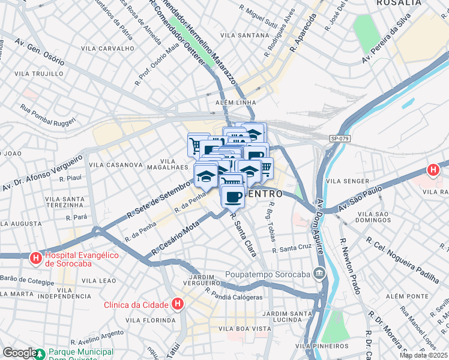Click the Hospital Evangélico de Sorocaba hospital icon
[x=35, y=258]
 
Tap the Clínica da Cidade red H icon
[x=177, y=305]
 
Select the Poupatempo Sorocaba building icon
[x=319, y=274]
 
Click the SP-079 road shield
[x=339, y=139]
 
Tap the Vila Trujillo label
[x=38, y=74]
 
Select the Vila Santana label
[x=244, y=35]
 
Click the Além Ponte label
[x=406, y=296]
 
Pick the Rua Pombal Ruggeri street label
[x=48, y=116]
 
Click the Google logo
[x=19, y=353]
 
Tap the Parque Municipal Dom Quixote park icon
[x=40, y=353]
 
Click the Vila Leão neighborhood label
[x=98, y=281]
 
